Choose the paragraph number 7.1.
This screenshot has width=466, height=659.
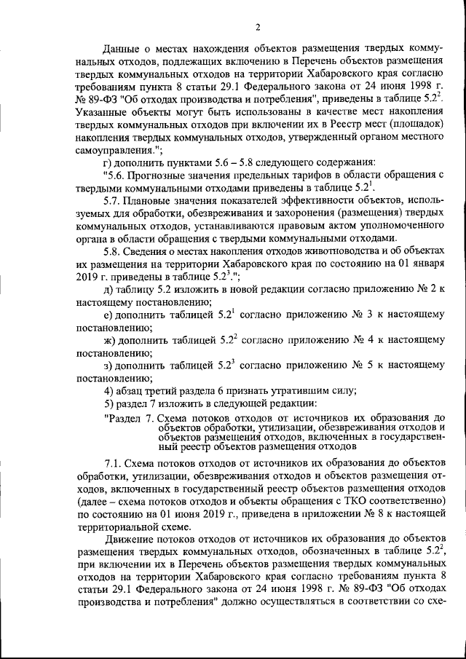[114, 462]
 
